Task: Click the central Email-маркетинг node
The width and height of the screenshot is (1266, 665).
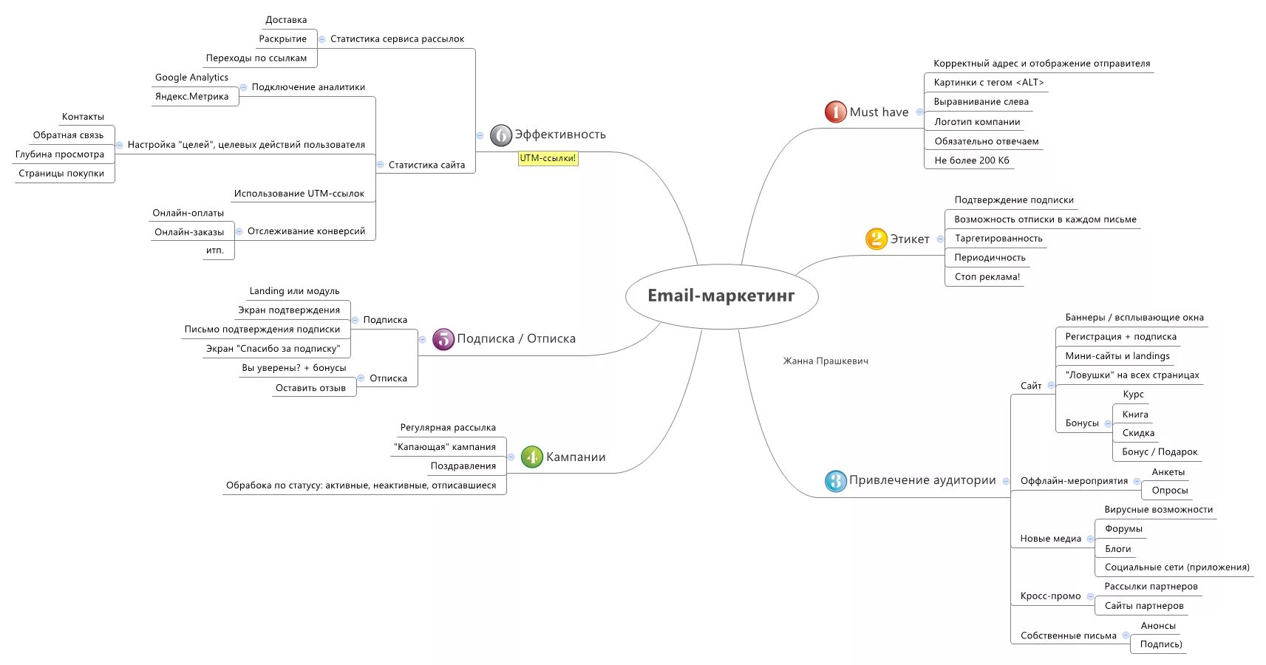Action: (x=721, y=296)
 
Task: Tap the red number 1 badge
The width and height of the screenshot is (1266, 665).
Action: (x=835, y=112)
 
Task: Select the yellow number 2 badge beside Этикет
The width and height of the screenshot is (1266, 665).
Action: (x=876, y=239)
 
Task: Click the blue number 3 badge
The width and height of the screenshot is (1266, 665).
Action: (x=835, y=480)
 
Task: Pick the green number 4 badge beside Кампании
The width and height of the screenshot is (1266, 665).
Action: (x=531, y=457)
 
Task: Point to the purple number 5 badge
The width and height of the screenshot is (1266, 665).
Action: (x=443, y=338)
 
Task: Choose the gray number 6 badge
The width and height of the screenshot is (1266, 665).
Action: (x=500, y=134)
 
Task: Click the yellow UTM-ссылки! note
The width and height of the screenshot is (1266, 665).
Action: (x=548, y=158)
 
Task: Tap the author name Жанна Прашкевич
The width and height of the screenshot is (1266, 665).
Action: (x=826, y=361)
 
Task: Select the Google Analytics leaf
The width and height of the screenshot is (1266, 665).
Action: (x=191, y=78)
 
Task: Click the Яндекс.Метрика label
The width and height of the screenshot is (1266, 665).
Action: (x=191, y=97)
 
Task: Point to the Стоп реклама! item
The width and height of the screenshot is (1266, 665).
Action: (x=987, y=277)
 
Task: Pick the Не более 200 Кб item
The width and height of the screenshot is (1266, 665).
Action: (x=971, y=160)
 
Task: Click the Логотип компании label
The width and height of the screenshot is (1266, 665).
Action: (x=977, y=122)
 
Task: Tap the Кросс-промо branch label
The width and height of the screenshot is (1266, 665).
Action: (x=1050, y=596)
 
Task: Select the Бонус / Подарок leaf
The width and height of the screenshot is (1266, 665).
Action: (x=1159, y=452)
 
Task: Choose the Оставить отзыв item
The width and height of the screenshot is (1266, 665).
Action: (x=310, y=388)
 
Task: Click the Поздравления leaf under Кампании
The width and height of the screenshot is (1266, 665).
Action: (x=463, y=466)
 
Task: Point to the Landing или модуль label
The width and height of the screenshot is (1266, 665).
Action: (x=294, y=291)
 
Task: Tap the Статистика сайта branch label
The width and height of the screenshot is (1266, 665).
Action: (x=426, y=165)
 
